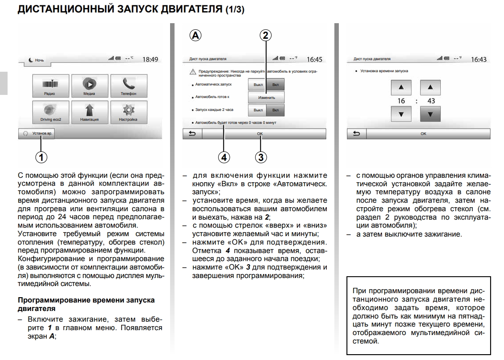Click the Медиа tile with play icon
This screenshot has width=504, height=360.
pyautogui.click(x=89, y=86)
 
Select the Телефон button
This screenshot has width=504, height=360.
pyautogui.click(x=128, y=86)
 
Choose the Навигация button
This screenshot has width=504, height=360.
pyautogui.click(x=89, y=112)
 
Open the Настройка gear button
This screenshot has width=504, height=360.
pyautogui.click(x=128, y=112)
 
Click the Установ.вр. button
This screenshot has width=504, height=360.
pyautogui.click(x=36, y=133)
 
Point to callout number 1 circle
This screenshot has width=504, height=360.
pyautogui.click(x=41, y=156)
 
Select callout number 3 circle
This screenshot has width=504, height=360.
pyautogui.click(x=261, y=157)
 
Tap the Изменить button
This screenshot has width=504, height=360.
pyautogui.click(x=266, y=98)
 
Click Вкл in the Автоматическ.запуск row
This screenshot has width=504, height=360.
pyautogui.click(x=276, y=85)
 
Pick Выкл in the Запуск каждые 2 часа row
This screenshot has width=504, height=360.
pyautogui.click(x=258, y=110)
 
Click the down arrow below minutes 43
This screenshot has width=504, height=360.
pyautogui.click(x=431, y=114)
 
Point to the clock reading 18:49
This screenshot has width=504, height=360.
pyautogui.click(x=150, y=59)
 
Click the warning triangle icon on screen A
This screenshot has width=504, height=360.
pyautogui.click(x=192, y=72)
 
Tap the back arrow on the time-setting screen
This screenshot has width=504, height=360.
pyautogui.click(x=356, y=133)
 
